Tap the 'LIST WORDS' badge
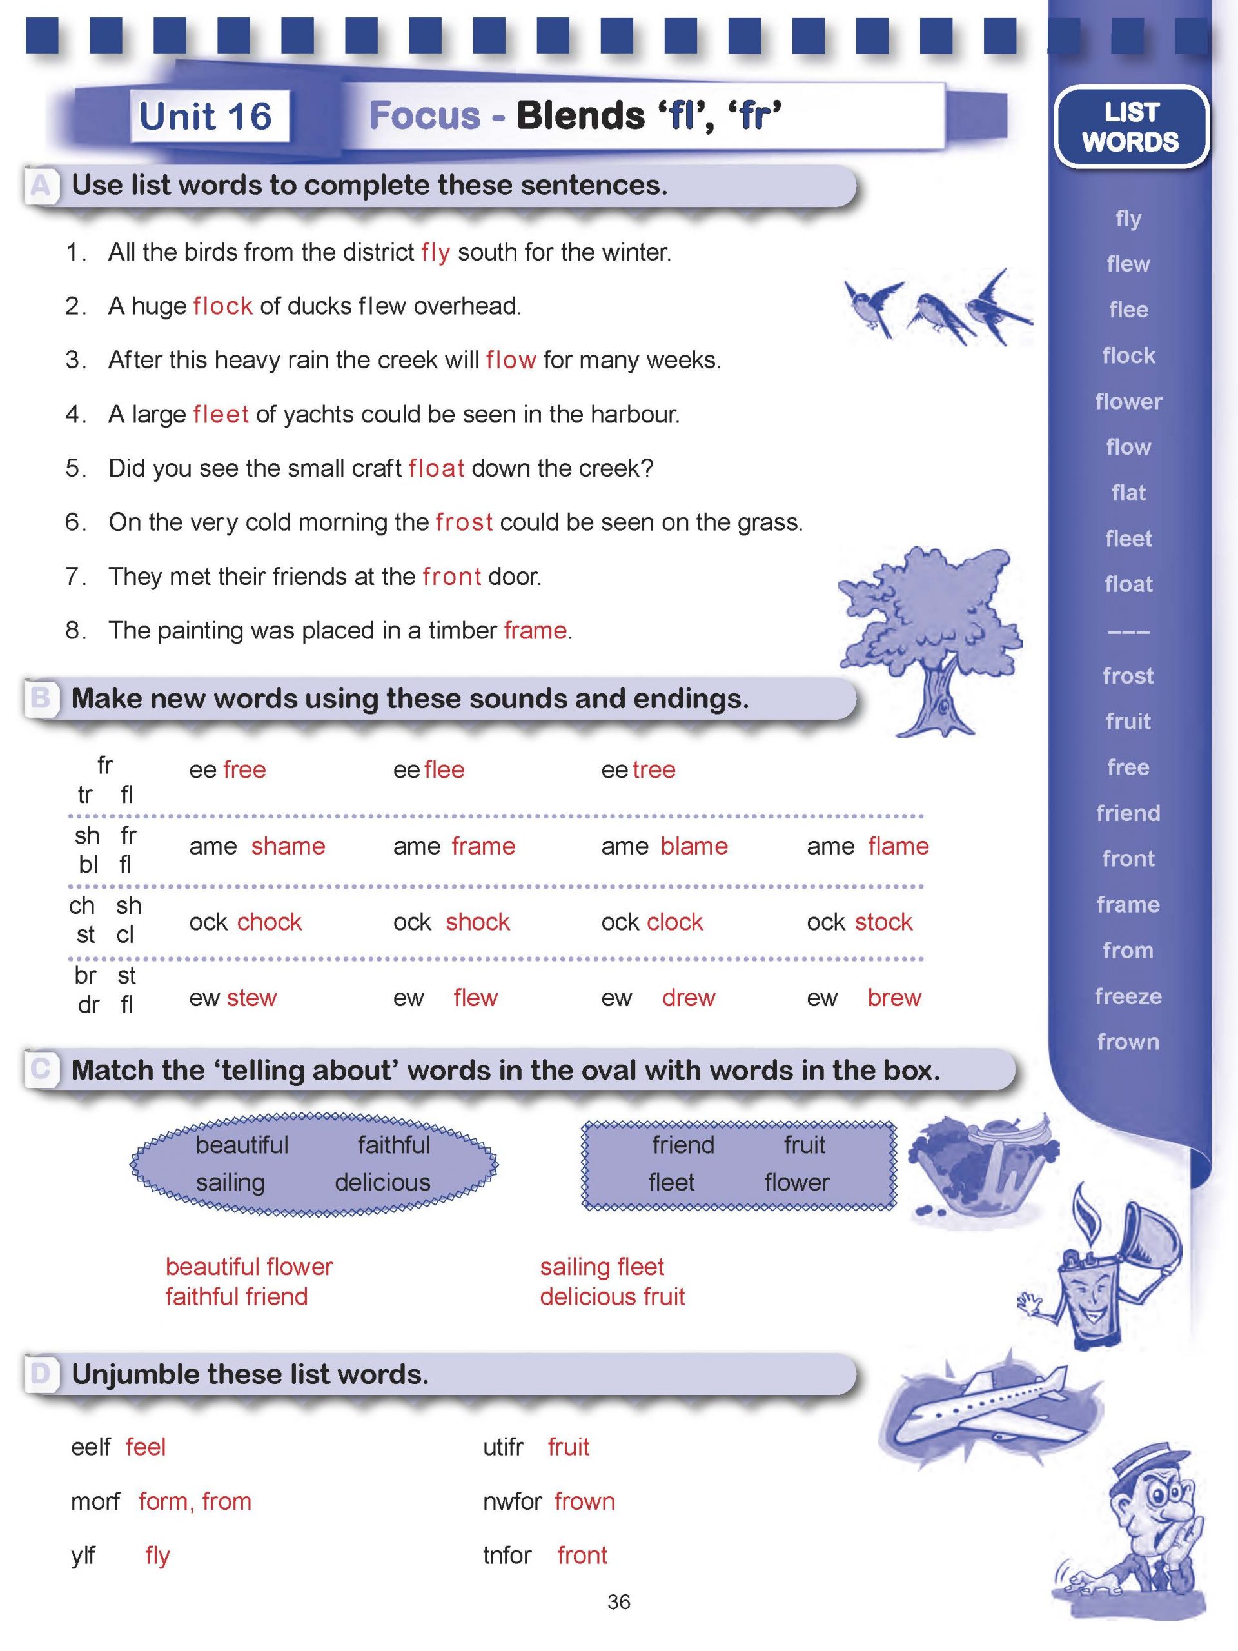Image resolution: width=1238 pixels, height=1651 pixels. pos(1130,127)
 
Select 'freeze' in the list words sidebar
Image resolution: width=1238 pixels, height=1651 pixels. pos(1128,996)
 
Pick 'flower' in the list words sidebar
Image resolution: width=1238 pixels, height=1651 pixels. pos(1128,402)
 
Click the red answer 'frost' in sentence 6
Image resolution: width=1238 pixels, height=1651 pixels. pos(464,522)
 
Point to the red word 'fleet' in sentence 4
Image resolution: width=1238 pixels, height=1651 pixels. pos(221,414)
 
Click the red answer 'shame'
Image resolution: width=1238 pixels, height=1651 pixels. pos(288,846)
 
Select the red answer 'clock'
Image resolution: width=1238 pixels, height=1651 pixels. pos(674,922)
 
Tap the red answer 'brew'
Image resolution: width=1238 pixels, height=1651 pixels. pos(894,998)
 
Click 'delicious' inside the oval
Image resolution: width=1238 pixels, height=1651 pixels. pos(382,1182)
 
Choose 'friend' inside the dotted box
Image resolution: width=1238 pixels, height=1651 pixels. pos(683,1145)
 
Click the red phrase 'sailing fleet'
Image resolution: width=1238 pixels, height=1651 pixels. pos(602,1267)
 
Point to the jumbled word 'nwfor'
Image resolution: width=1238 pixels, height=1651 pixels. pos(512,1501)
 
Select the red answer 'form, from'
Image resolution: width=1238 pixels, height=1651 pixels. pos(195,1501)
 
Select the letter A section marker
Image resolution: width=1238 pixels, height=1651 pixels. pos(40,185)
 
